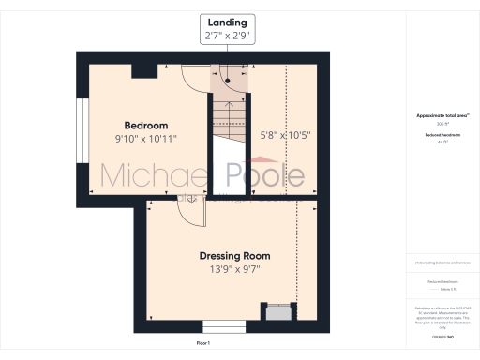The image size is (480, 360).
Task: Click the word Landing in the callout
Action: (x=228, y=21)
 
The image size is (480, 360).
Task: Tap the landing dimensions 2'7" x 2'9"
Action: (x=228, y=36)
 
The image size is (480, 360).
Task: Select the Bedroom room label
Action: (x=146, y=126)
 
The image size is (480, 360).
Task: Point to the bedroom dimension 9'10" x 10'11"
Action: (x=146, y=139)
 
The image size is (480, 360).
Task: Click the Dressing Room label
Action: (x=234, y=255)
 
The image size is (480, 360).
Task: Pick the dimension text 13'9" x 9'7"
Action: (x=234, y=269)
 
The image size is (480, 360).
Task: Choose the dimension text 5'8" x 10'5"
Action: (x=285, y=135)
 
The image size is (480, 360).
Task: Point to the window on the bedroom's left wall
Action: (x=82, y=127)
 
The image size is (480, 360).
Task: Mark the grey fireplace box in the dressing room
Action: (x=277, y=312)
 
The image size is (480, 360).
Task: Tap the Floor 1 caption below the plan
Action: (x=203, y=344)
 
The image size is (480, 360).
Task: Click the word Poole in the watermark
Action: (x=266, y=175)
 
